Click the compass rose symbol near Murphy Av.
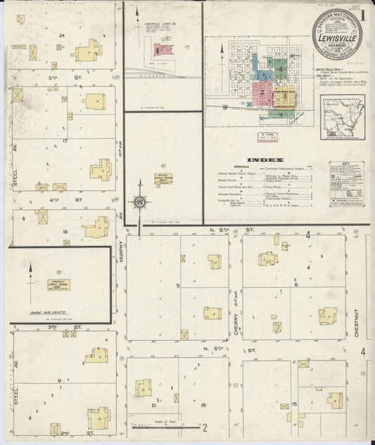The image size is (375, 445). click(x=139, y=203)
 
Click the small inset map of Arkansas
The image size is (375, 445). click(x=344, y=116)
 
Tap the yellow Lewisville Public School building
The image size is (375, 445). click(x=59, y=284)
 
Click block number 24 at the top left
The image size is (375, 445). click(x=63, y=35)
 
